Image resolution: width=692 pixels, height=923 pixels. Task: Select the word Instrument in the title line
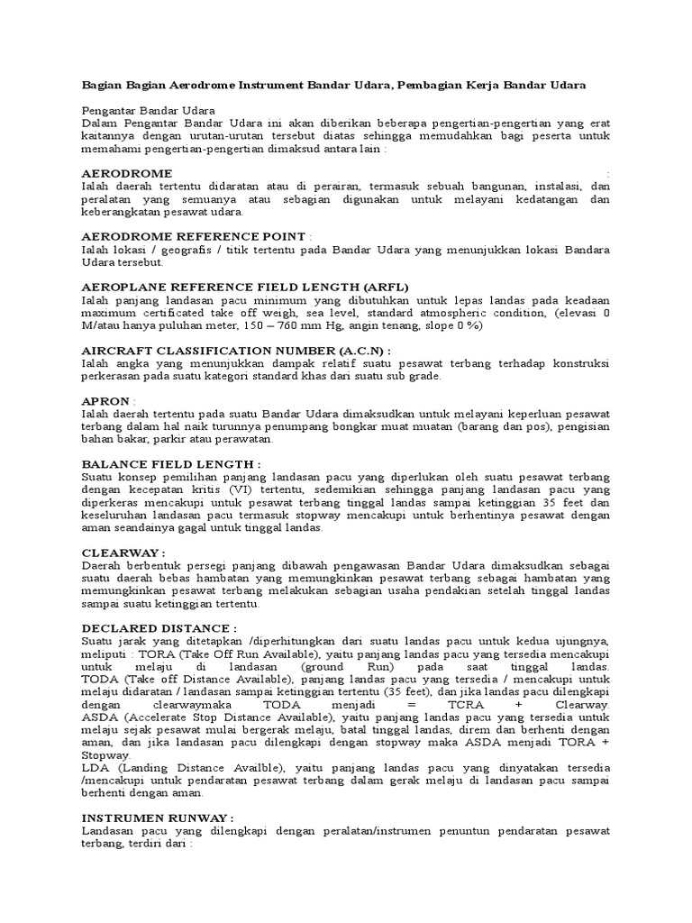[x=270, y=85]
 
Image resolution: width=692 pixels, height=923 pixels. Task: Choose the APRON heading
[x=105, y=400]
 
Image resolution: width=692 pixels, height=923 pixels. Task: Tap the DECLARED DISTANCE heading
[x=158, y=627]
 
